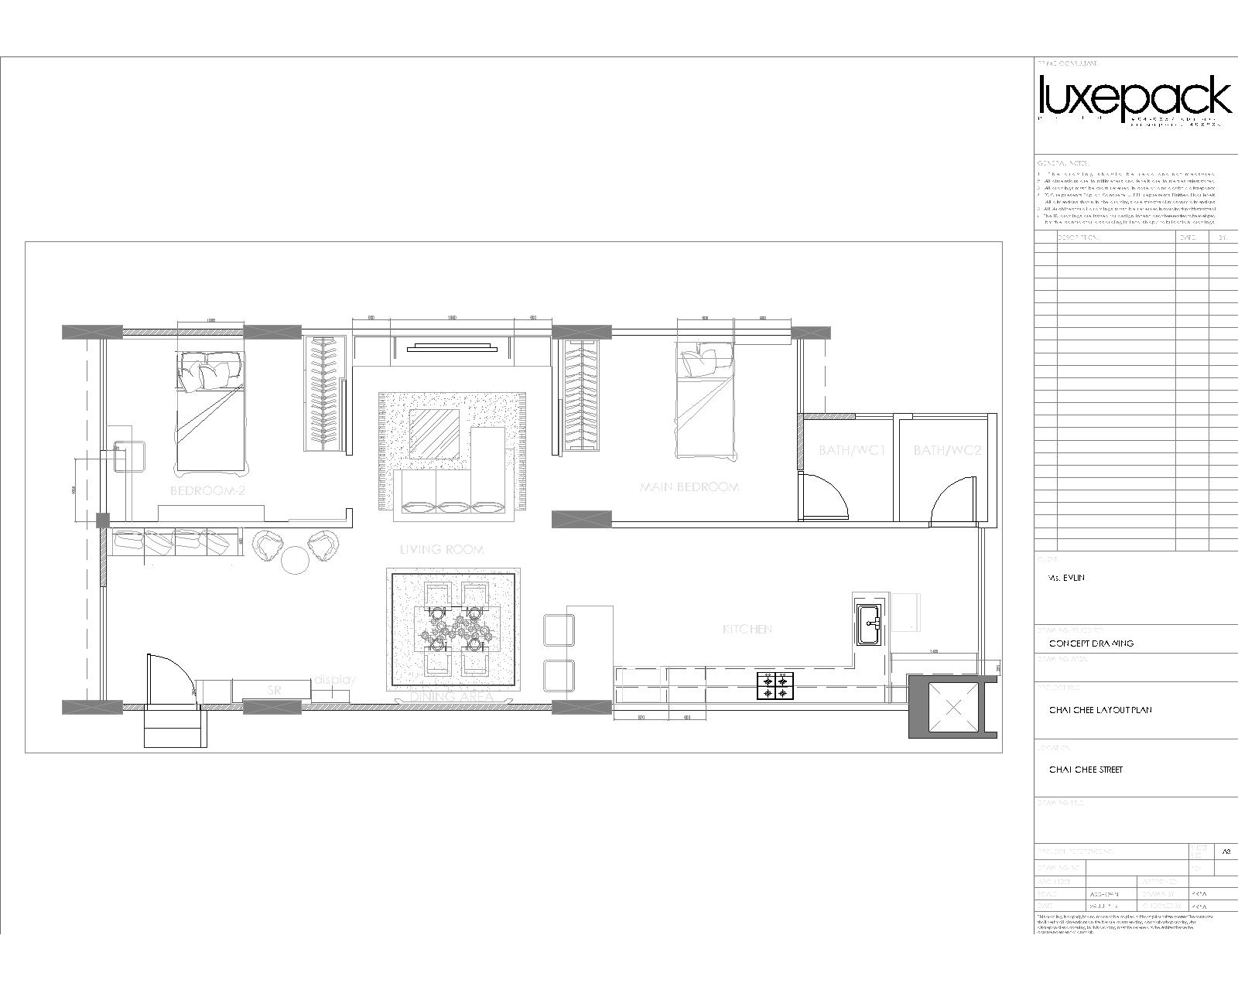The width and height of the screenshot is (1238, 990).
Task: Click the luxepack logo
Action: click(1134, 99)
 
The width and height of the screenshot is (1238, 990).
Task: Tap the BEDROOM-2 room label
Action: click(207, 490)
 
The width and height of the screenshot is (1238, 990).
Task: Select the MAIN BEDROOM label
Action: click(689, 487)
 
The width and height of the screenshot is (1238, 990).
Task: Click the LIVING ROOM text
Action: click(442, 549)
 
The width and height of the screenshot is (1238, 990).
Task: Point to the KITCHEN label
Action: click(747, 629)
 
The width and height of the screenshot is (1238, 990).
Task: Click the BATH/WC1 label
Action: click(851, 450)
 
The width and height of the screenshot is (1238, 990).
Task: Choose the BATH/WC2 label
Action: click(947, 450)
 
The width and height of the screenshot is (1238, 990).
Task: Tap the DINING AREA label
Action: click(452, 696)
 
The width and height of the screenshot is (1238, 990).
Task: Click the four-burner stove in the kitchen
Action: click(775, 685)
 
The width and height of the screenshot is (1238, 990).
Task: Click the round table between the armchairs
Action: click(295, 560)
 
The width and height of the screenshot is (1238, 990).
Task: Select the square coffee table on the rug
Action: click(434, 433)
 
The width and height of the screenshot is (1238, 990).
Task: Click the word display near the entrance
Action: click(334, 680)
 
